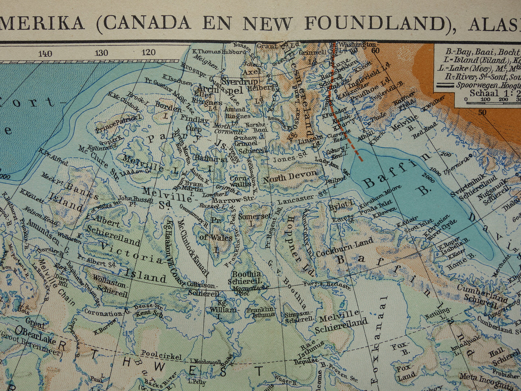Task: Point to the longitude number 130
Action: tap(101, 53)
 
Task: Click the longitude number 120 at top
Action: tap(148, 53)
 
